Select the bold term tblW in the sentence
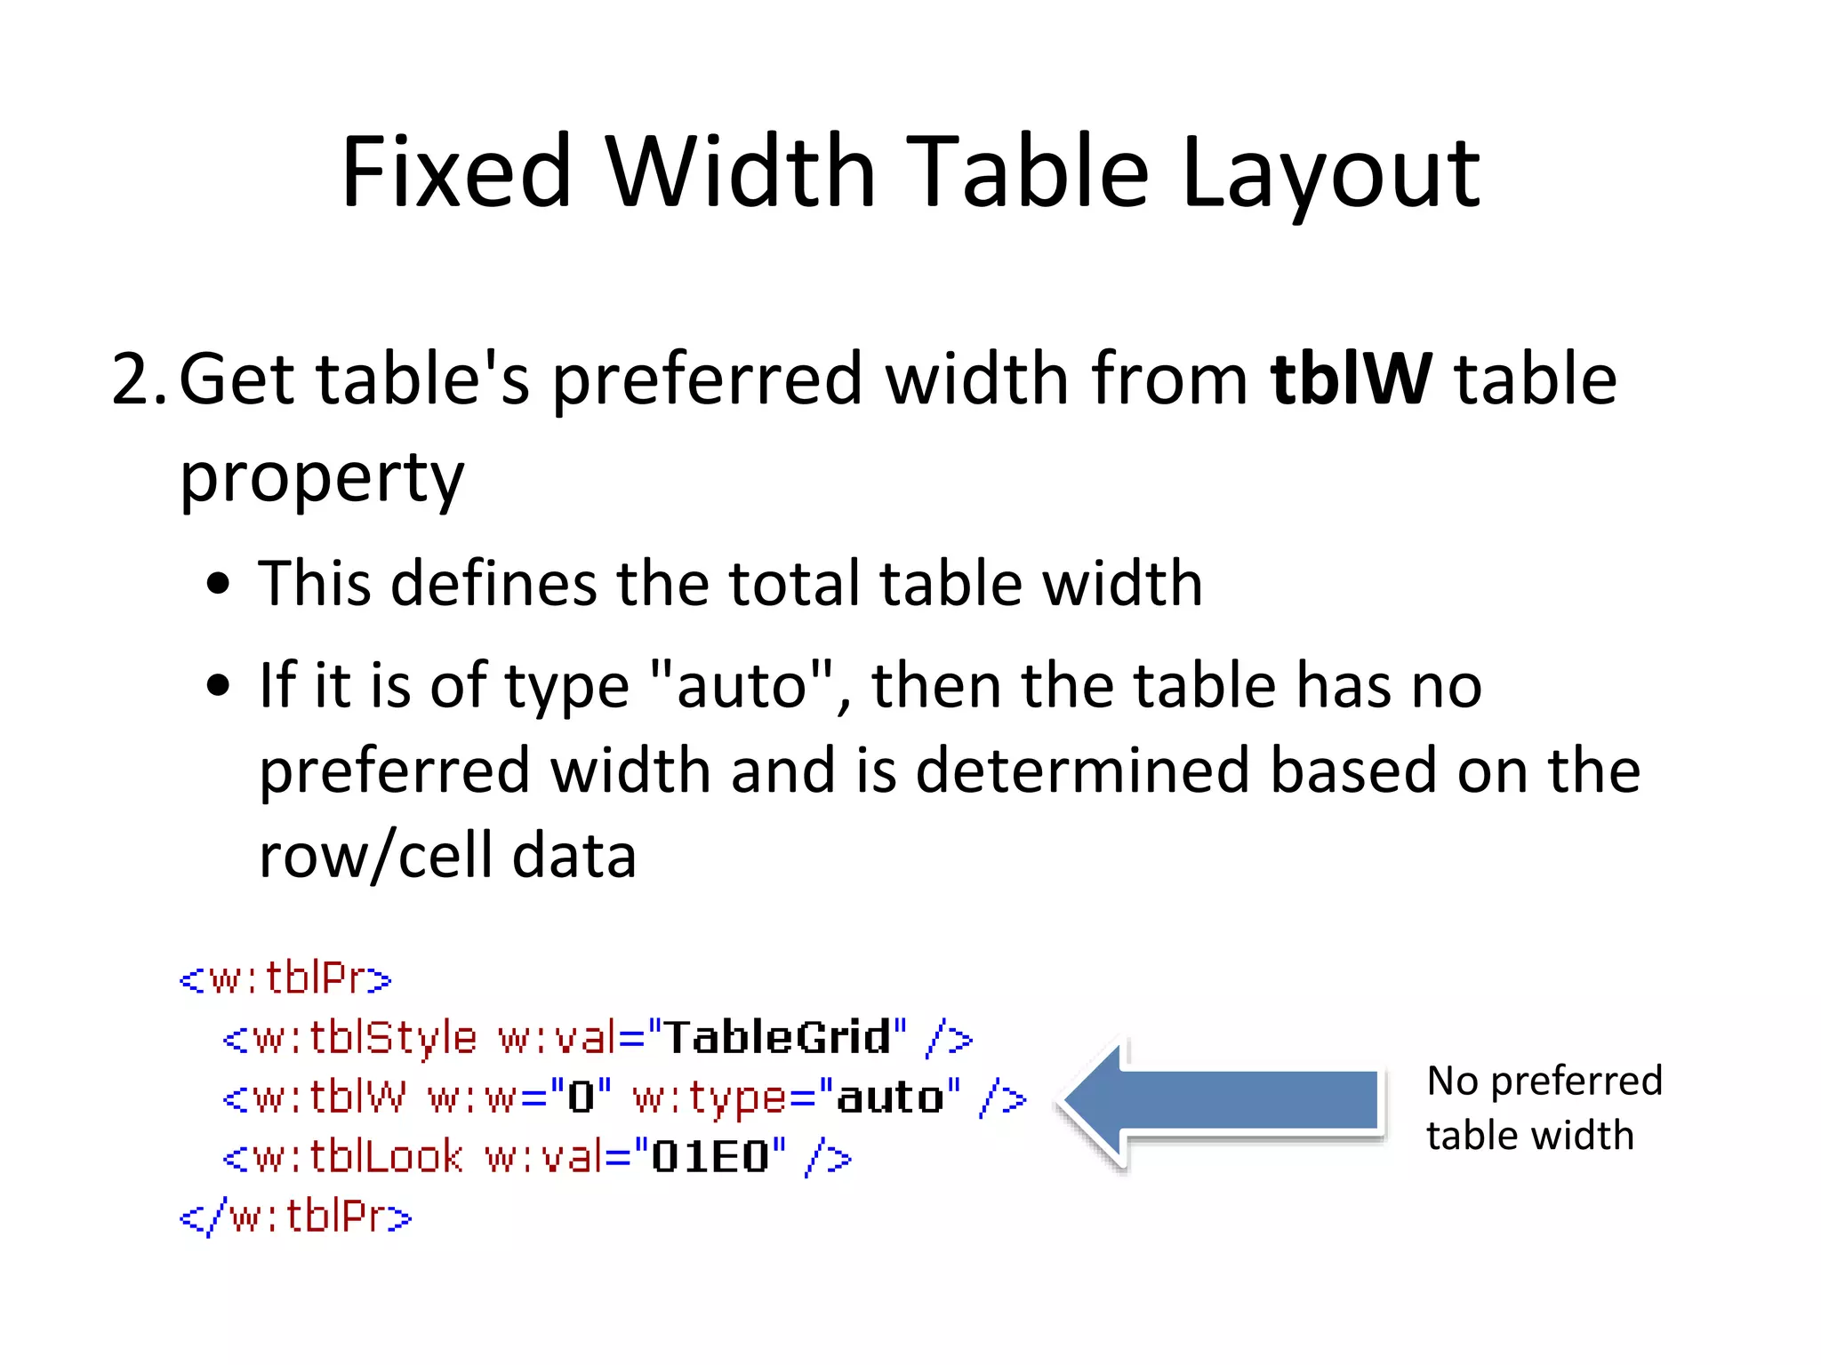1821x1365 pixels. tap(1351, 379)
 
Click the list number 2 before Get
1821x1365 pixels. tap(133, 379)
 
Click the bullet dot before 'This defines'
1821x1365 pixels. tap(218, 585)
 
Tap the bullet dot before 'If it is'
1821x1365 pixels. tap(218, 686)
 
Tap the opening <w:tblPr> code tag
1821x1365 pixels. tap(285, 978)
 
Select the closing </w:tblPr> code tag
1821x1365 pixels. tap(296, 1217)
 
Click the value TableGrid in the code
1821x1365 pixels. tap(777, 1037)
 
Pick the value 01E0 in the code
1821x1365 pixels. tap(710, 1157)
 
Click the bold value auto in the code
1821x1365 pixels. tap(889, 1098)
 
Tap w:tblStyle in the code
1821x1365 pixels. tap(365, 1038)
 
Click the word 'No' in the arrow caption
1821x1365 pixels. tap(1453, 1082)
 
